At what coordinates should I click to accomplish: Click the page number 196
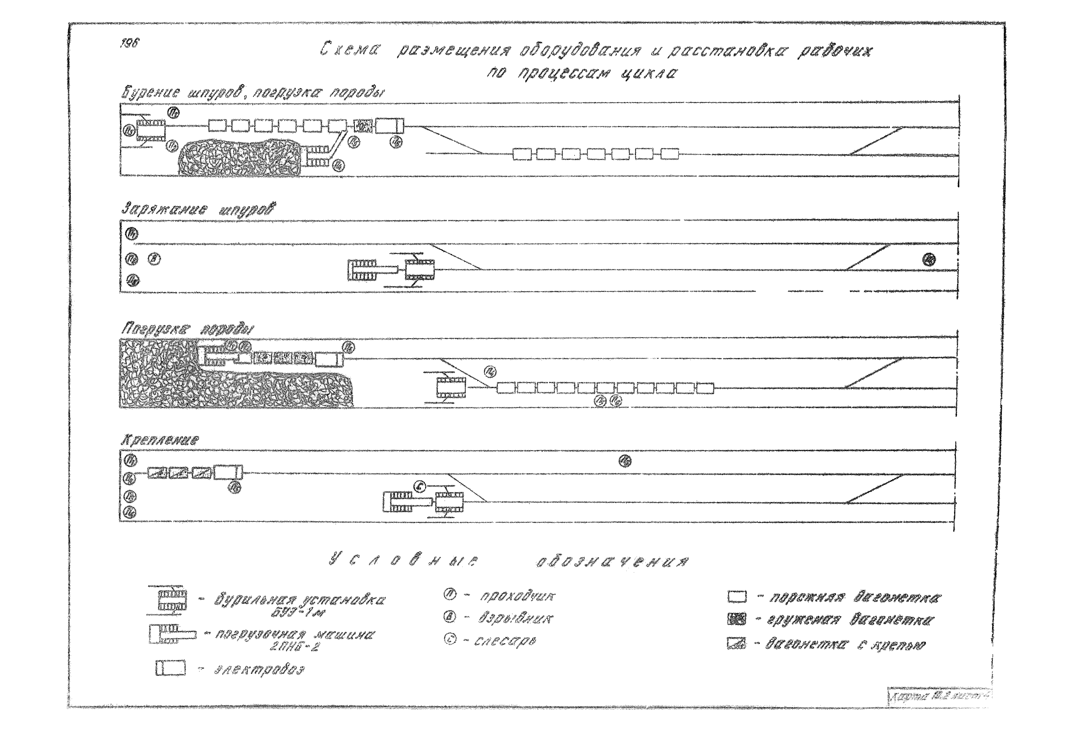coord(129,43)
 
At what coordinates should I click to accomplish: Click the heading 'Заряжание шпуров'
coord(198,210)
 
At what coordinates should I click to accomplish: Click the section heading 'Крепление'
coord(160,440)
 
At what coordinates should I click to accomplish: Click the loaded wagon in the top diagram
coord(363,126)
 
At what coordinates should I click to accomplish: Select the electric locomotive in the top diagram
coord(389,126)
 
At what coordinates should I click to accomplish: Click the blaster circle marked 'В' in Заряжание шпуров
coord(154,259)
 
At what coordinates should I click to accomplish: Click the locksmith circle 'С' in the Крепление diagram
coord(420,487)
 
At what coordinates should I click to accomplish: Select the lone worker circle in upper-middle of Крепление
coord(625,461)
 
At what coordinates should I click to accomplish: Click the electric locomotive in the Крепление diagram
coord(228,472)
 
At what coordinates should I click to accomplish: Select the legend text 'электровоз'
coord(259,670)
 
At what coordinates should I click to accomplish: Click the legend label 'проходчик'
coord(517,596)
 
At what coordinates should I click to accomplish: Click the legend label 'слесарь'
coord(505,641)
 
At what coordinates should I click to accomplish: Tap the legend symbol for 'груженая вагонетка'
coord(736,619)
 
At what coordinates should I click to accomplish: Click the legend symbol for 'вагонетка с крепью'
coord(736,644)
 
